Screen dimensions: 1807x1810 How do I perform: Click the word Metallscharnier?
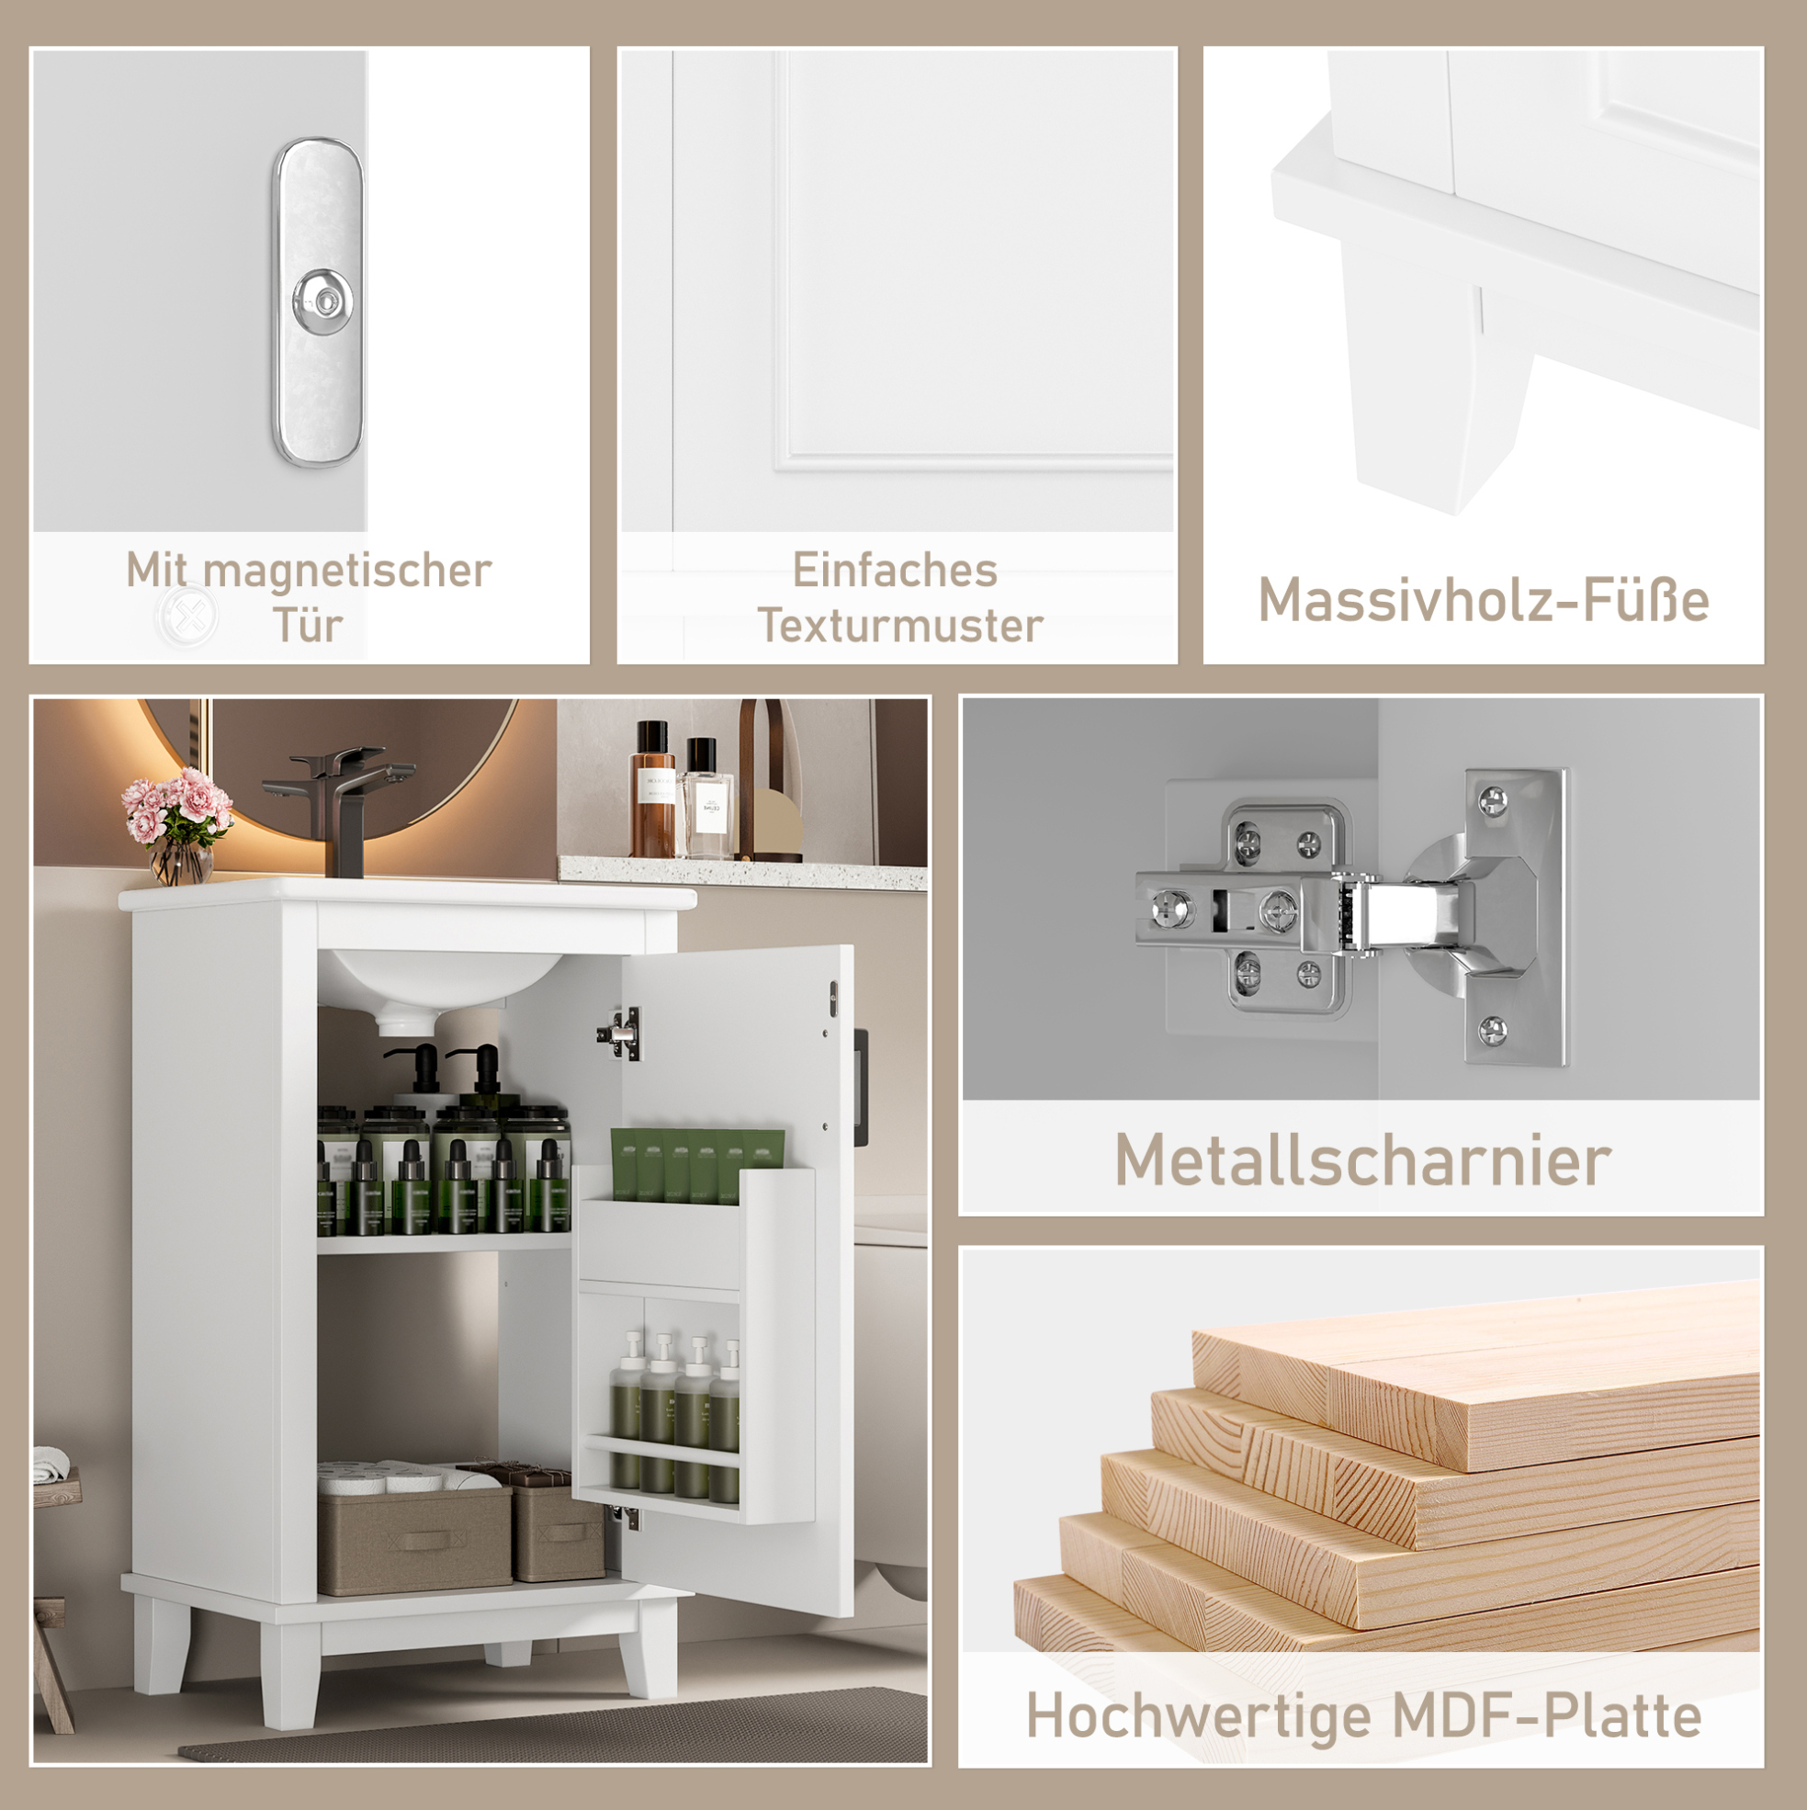[1362, 1160]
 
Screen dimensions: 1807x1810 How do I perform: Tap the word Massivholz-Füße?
[1483, 600]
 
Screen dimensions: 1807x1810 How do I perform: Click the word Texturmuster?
[899, 625]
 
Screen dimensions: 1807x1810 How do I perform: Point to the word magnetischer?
[346, 571]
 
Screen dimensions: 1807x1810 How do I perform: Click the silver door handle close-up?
[319, 301]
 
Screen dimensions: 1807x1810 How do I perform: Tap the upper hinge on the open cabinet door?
[621, 1034]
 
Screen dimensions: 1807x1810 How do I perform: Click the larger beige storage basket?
[414, 1539]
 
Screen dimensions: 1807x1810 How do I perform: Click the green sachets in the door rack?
[697, 1165]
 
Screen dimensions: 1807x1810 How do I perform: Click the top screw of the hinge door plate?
[1491, 800]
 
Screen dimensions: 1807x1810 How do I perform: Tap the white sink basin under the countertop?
[440, 984]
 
